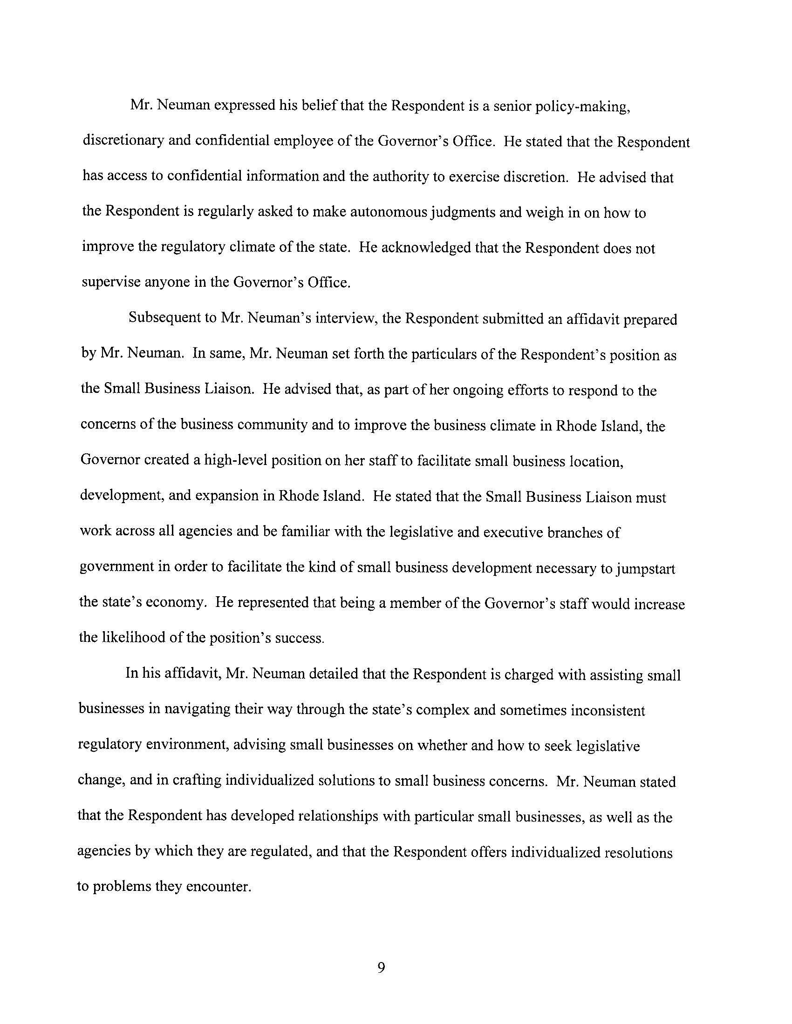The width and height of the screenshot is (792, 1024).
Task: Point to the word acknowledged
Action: [x=425, y=248]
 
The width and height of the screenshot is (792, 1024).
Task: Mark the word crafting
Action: [x=197, y=781]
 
